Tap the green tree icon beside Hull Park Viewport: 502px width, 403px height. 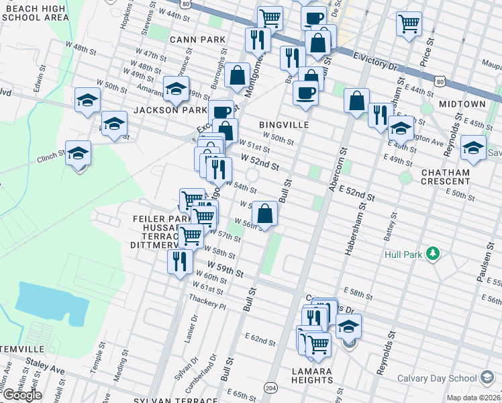tap(434, 254)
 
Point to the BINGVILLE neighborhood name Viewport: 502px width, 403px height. tap(284, 125)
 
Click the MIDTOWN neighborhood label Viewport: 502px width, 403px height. tap(462, 104)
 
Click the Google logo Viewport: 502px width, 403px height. tap(21, 395)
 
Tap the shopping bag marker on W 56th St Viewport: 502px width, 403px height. tap(265, 214)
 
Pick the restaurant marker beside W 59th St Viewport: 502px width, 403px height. tap(179, 261)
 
